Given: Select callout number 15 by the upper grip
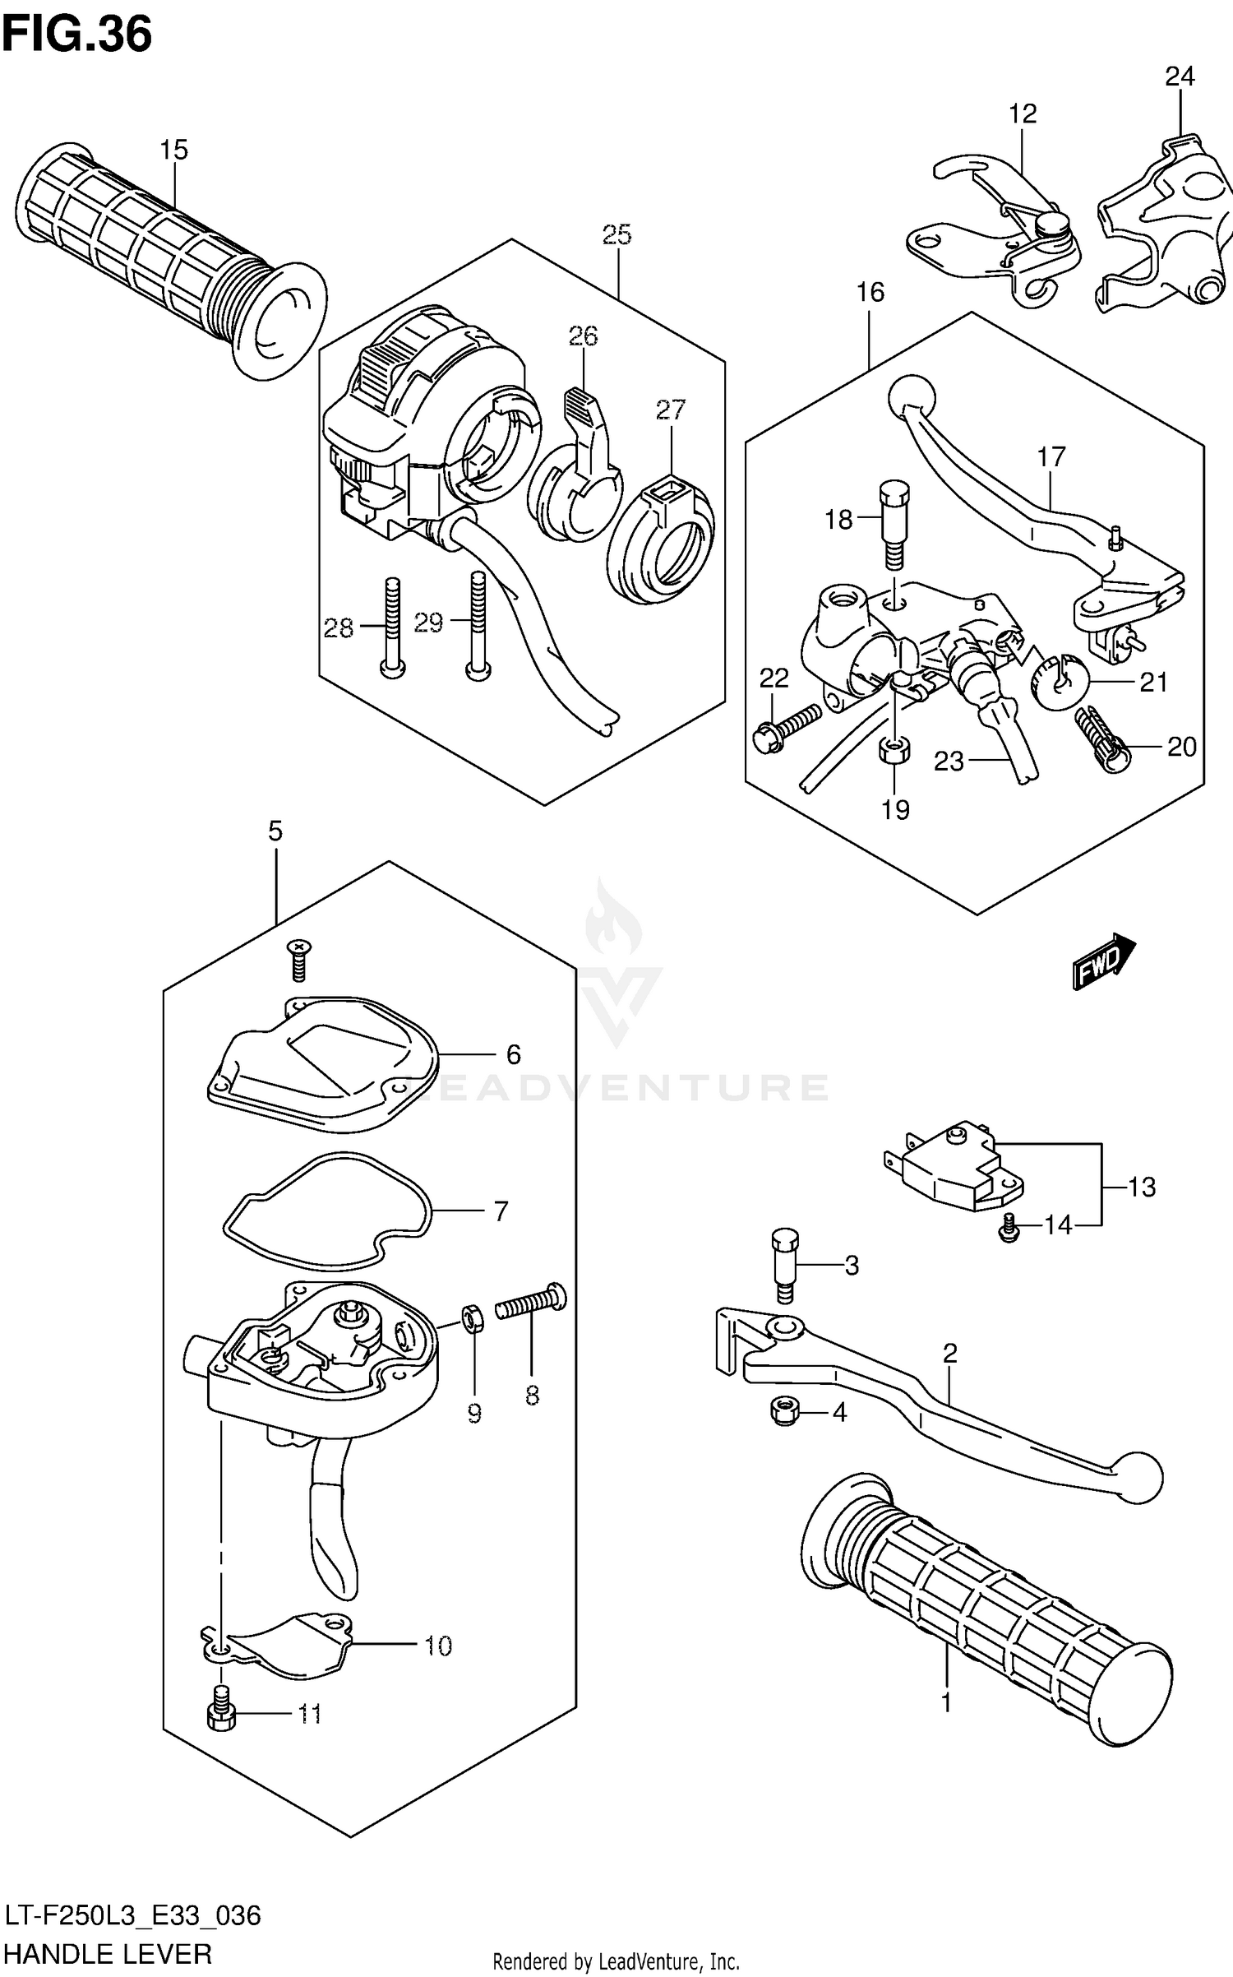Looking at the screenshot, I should [174, 150].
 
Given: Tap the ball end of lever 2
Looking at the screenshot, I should [1137, 1477].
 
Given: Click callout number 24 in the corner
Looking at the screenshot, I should [1180, 76].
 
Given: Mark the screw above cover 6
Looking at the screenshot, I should [298, 960].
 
